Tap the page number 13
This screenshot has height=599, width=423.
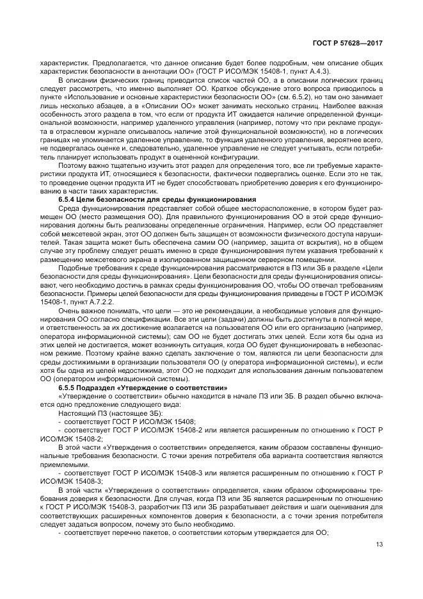tap(379, 545)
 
